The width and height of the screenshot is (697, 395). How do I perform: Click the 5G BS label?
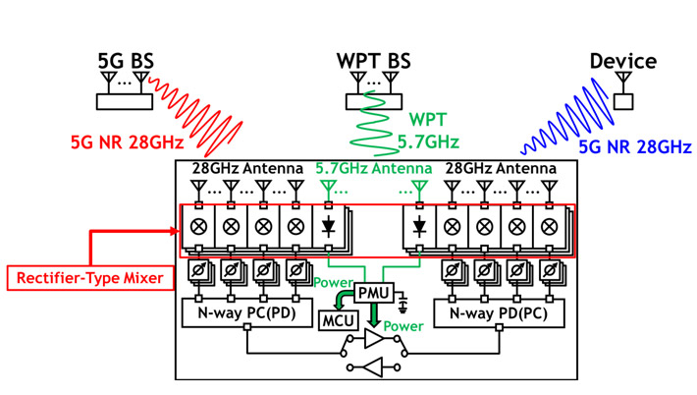pos(126,61)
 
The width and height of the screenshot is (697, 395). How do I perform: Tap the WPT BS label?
pos(373,61)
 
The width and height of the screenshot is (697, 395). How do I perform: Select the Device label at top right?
pos(622,61)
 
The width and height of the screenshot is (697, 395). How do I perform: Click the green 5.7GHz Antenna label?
pos(373,169)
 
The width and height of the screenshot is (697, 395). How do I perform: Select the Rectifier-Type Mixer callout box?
pos(88,278)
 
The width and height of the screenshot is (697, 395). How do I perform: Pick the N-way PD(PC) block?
pos(499,314)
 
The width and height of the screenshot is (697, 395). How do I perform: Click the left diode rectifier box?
pos(328,226)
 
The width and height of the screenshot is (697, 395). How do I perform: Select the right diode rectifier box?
pos(419,226)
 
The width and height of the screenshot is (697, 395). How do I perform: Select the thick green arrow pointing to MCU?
pos(339,297)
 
